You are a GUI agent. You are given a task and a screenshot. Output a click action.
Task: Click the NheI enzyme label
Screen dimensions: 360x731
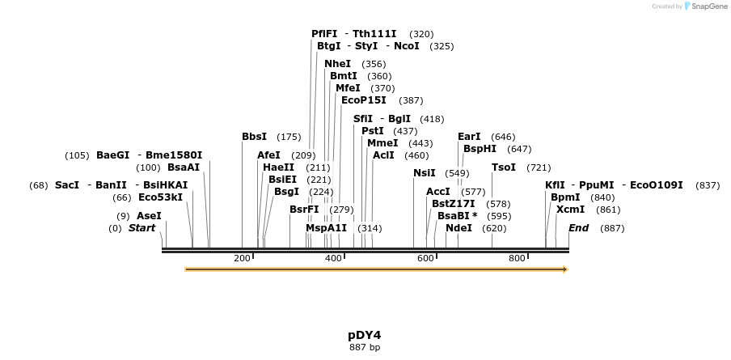(338, 64)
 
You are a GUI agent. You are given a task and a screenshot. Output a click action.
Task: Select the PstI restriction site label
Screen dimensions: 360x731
(372, 131)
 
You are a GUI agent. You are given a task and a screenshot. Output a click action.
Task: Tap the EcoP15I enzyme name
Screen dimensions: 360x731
(363, 100)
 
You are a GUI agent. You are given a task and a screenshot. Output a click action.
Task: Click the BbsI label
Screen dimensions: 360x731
(254, 137)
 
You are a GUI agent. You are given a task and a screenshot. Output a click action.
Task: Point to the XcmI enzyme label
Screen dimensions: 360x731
(570, 210)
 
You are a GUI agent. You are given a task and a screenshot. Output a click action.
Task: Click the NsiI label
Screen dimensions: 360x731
(424, 173)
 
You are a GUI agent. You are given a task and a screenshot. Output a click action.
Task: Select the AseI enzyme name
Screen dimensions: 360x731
(149, 216)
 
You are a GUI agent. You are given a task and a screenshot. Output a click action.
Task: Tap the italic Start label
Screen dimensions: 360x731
(142, 228)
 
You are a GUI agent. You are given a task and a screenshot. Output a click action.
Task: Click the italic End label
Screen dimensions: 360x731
(578, 228)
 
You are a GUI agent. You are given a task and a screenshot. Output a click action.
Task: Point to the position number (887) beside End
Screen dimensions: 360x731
(612, 229)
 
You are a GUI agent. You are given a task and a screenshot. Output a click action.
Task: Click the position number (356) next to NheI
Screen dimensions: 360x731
(374, 64)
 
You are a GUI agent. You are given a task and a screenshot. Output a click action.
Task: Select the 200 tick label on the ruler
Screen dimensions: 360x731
(242, 258)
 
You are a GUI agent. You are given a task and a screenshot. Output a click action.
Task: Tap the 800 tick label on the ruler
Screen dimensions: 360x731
(517, 258)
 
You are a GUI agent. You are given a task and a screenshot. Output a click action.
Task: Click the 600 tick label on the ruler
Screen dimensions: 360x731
(425, 258)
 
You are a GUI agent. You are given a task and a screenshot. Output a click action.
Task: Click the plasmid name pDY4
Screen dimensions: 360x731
(364, 335)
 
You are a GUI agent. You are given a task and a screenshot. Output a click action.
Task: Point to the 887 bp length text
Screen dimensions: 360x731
(364, 348)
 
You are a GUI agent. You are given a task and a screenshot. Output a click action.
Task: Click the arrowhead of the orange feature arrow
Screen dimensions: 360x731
(565, 269)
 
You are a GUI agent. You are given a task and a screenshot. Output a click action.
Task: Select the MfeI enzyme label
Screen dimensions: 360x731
(348, 88)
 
